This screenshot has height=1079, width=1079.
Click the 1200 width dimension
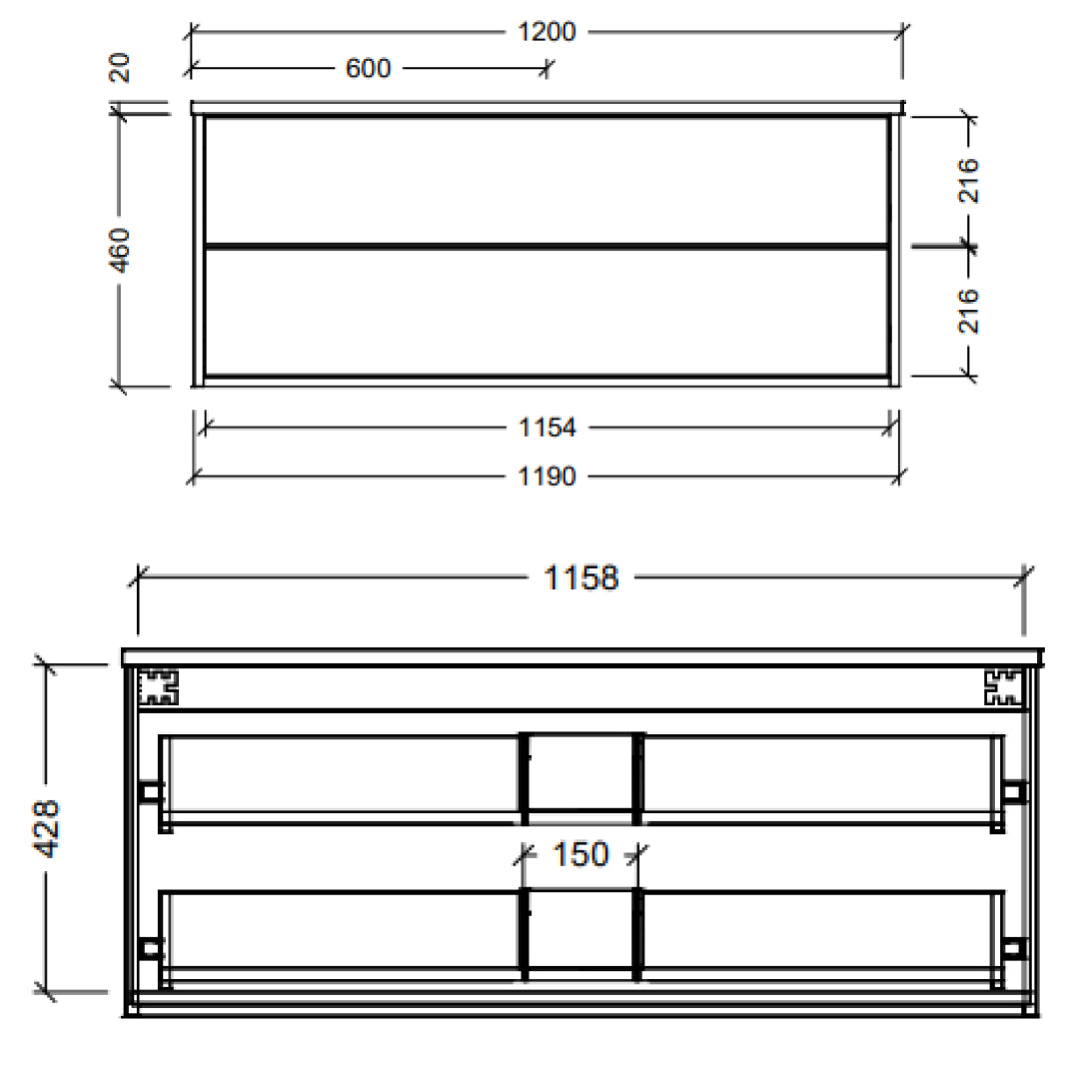[547, 32]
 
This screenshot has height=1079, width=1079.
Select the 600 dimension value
[368, 68]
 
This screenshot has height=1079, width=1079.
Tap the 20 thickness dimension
[120, 68]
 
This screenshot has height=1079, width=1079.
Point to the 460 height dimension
[120, 249]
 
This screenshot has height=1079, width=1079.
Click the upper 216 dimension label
[968, 180]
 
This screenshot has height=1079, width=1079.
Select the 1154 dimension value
[547, 428]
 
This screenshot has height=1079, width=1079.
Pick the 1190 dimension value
[547, 477]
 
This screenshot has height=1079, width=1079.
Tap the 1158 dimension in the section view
[580, 577]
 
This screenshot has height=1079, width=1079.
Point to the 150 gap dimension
[580, 855]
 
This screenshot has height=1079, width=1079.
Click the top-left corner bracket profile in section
[157, 686]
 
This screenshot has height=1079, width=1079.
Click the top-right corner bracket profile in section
[1003, 686]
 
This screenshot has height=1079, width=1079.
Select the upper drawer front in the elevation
[546, 180]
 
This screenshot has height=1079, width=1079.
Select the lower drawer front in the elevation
[546, 312]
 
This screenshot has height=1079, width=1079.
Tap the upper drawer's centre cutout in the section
[580, 769]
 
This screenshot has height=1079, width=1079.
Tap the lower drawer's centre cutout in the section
[580, 927]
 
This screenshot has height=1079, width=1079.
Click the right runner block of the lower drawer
[1013, 947]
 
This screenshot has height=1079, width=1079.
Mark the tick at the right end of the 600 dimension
[546, 68]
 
